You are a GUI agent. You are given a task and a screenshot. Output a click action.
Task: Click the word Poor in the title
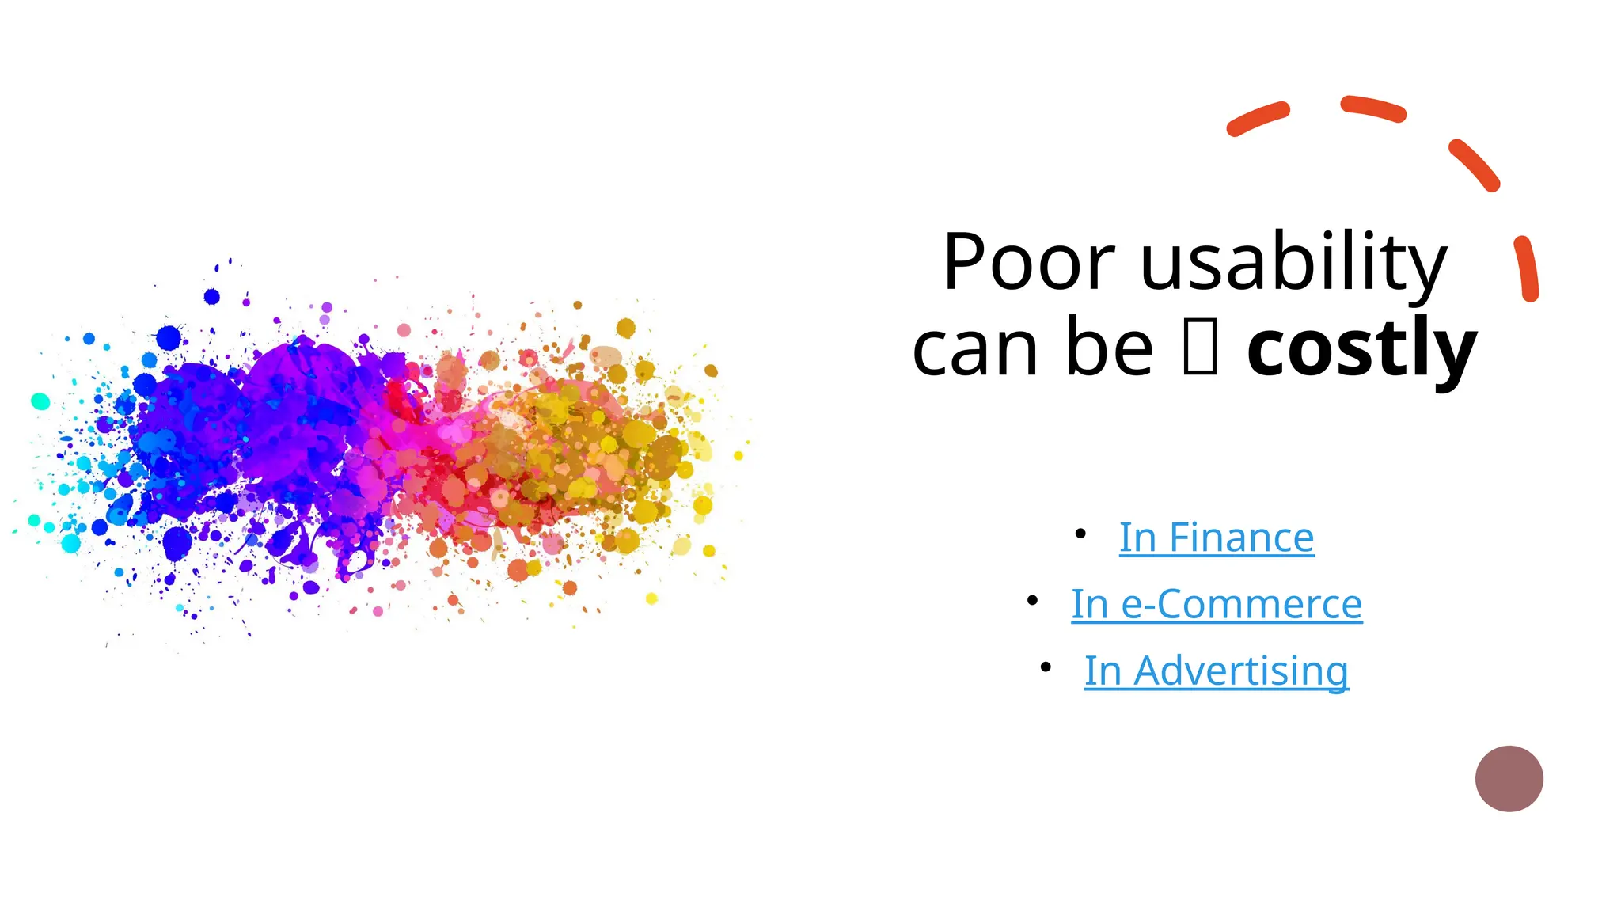1029,263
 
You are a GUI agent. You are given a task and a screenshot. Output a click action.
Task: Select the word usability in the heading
1293,263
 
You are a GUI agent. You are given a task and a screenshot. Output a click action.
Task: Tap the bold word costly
1361,349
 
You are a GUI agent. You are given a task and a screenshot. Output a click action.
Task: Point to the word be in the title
1110,349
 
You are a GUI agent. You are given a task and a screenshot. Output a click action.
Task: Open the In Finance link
1217,538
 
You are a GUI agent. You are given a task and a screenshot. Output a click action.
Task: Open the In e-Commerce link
1217,605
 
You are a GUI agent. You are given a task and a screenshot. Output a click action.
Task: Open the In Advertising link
1217,671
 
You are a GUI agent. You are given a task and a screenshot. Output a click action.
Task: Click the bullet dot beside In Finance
1080,534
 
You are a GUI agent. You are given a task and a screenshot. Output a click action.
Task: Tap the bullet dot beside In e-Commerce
1032,601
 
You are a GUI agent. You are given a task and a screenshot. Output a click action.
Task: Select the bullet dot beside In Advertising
1046,667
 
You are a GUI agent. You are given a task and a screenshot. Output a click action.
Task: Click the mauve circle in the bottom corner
1509,778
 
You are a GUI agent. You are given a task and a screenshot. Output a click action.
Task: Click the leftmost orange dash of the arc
1258,119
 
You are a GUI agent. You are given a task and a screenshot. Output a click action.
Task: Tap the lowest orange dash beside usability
1527,268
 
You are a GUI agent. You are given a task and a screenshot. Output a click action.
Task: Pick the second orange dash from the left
1373,109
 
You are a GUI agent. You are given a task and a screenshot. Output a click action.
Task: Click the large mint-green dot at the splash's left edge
40,401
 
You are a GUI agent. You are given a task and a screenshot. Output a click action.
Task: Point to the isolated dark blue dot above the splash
211,296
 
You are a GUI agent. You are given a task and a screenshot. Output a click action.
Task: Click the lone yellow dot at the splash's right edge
738,455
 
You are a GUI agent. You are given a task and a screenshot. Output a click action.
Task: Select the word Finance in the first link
1241,538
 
